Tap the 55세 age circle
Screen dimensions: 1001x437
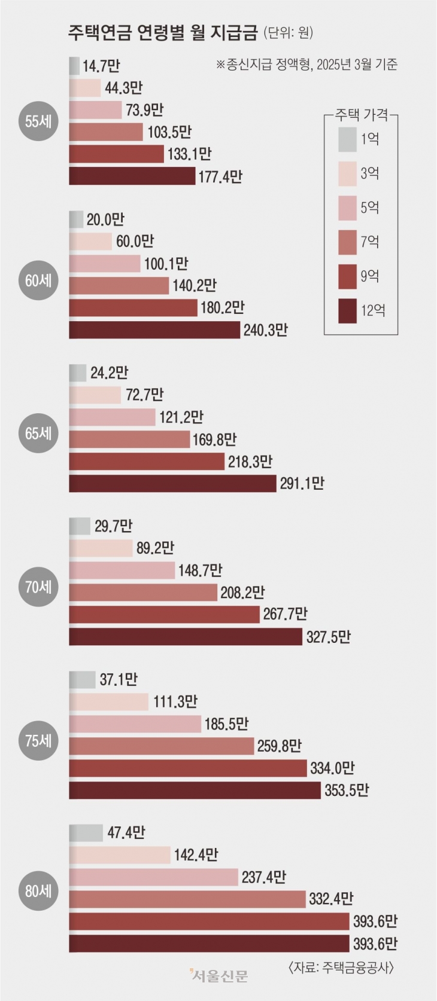click(39, 121)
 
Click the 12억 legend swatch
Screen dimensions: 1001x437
click(347, 310)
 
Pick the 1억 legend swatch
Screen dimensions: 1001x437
click(347, 139)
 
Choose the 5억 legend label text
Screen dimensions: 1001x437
click(369, 208)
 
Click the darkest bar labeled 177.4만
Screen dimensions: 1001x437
click(132, 176)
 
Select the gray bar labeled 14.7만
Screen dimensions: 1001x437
click(74, 66)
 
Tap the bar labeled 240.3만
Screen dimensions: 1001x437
click(154, 329)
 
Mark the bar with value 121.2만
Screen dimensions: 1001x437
click(112, 417)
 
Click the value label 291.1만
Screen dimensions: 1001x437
click(302, 483)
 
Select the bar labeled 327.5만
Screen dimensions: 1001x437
click(186, 636)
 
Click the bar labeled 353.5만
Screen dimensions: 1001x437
click(195, 790)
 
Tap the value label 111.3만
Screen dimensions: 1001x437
click(175, 701)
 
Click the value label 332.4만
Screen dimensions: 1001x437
click(331, 899)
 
